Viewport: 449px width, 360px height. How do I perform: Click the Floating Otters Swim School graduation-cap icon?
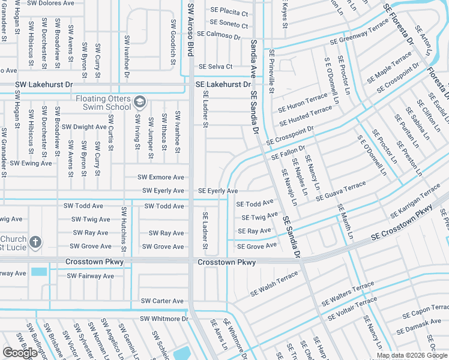140,100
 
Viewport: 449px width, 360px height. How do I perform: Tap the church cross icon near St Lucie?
35,242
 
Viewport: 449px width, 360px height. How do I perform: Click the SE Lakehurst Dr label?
223,85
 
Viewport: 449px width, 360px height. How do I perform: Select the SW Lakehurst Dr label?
43,85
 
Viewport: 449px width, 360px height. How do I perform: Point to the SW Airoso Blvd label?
191,29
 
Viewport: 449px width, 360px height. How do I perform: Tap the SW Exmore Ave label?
161,178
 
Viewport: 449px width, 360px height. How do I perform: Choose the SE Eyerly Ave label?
218,191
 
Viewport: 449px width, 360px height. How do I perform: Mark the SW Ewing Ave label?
31,163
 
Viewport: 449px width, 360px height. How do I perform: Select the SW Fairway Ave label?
90,276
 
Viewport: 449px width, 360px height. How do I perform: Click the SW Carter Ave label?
162,301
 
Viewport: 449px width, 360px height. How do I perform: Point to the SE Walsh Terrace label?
274,284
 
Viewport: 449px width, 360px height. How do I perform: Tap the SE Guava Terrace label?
340,191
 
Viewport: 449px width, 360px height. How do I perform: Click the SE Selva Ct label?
215,67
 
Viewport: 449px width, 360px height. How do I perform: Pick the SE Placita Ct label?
229,11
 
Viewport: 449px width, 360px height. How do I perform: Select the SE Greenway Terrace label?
360,34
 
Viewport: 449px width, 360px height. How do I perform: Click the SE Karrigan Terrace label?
415,202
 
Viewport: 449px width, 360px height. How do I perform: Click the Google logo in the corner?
20,352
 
